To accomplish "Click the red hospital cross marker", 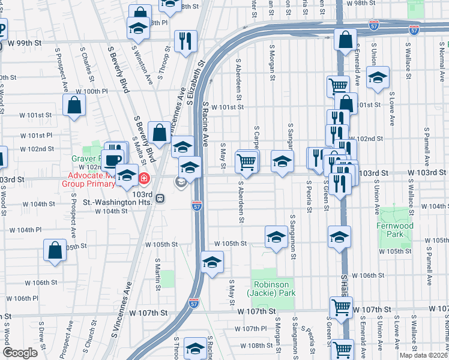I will (144, 178).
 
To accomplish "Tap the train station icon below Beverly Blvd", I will (160, 197).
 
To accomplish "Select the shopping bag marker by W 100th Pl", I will (74, 105).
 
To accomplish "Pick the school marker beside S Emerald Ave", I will (378, 77).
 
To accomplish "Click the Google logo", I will (20, 353).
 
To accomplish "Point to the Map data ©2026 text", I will (424, 355).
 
